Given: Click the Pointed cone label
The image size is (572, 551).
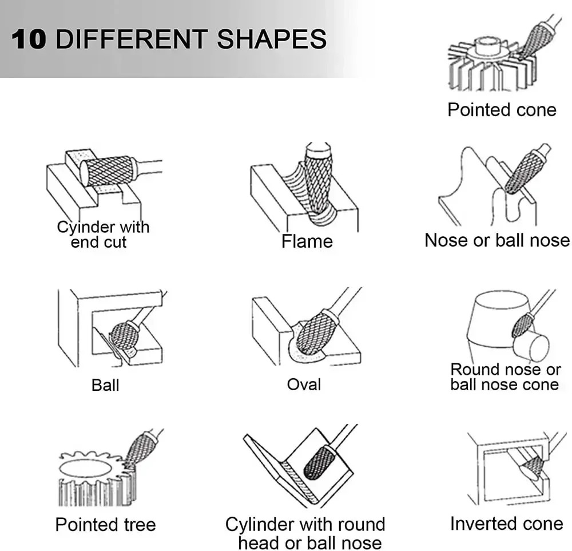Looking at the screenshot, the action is point(502,110).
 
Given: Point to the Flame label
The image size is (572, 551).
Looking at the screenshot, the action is point(307,241).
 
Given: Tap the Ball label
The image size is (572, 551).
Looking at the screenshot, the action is point(105,385).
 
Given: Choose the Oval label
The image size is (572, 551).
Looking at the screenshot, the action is point(304,384).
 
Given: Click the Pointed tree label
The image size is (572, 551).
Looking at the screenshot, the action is point(105,525).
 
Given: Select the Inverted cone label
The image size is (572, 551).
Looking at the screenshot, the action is point(507,524).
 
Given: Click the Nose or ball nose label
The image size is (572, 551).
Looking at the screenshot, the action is point(497,240).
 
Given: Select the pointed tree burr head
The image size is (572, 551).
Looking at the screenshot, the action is point(138,448).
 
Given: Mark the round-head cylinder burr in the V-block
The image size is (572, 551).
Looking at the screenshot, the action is point(319,462).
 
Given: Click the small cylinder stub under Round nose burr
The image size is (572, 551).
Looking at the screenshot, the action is point(531,346).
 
